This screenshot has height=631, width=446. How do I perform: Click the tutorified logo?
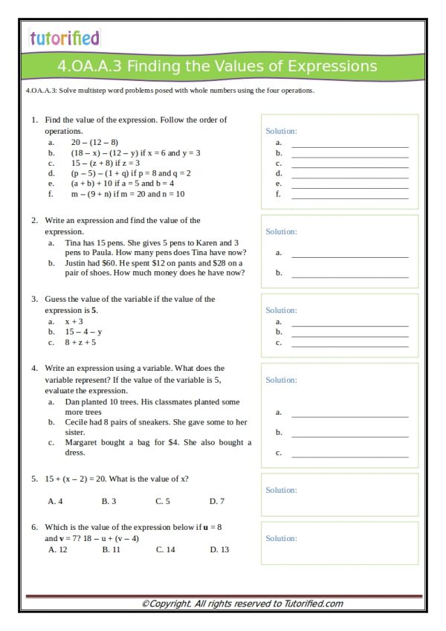64,38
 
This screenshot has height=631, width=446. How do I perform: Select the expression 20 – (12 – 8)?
94,142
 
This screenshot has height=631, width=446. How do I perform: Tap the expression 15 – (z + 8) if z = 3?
105,163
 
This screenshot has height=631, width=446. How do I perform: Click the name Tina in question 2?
74,242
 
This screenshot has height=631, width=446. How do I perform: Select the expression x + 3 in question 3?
74,321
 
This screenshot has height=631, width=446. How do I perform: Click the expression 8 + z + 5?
80,342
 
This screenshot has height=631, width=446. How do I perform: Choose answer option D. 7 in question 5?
216,501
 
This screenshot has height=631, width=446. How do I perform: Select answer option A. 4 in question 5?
55,501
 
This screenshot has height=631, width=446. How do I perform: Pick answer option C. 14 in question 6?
165,549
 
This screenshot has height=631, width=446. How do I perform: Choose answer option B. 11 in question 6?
111,549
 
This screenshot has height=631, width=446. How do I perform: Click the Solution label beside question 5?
281,490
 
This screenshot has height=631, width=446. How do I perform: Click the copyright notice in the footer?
242,604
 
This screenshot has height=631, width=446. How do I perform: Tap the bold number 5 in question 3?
94,310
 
